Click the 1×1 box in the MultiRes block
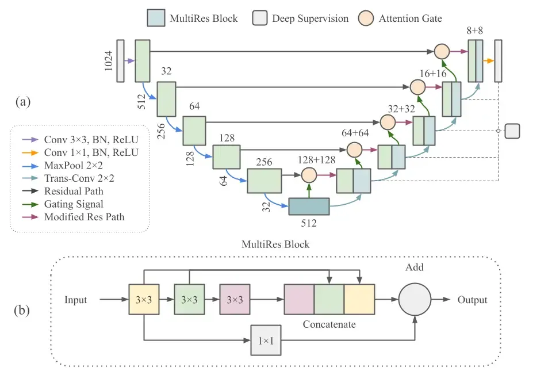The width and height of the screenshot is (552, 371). click(265, 340)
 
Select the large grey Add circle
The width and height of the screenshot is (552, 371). click(415, 300)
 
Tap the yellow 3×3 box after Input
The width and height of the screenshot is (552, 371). click(143, 300)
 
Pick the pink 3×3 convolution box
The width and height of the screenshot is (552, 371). click(234, 300)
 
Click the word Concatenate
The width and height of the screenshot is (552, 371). click(329, 324)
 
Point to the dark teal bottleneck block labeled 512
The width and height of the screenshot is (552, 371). click(308, 206)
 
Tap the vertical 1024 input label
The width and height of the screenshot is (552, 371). click(109, 60)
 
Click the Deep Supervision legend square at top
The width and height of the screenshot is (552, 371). click(260, 18)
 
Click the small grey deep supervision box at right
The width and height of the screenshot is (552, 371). click(512, 131)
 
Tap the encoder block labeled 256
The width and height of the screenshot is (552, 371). click(264, 180)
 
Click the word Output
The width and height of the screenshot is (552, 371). click(472, 300)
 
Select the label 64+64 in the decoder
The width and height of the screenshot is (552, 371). click(355, 132)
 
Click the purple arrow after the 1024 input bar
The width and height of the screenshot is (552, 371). click(129, 60)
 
